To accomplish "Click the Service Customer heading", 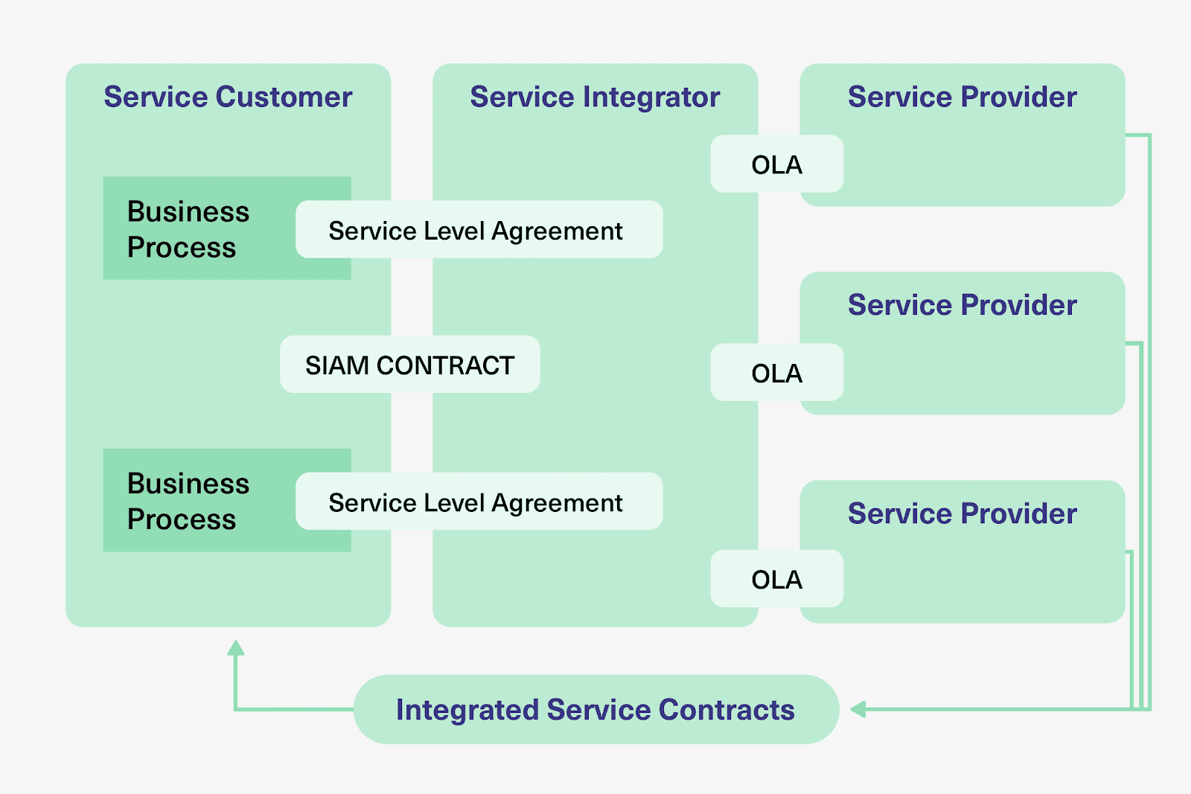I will click(x=228, y=97).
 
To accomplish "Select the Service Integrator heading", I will click(x=595, y=97).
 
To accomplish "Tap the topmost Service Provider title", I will click(x=962, y=97).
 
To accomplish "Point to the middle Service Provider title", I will click(x=962, y=305).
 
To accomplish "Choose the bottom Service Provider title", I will click(x=962, y=513).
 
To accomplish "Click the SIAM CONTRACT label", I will click(x=409, y=365).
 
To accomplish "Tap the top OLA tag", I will click(x=776, y=164).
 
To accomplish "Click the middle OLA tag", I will click(x=776, y=373).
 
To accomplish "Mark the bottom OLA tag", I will click(x=776, y=579).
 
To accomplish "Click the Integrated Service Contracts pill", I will click(x=595, y=709).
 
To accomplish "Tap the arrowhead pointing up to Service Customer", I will click(x=236, y=648).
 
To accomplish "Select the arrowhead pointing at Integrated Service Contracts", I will click(x=858, y=709).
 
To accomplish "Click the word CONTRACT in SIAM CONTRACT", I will click(x=445, y=365).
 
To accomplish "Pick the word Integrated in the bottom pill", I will click(x=467, y=710).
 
